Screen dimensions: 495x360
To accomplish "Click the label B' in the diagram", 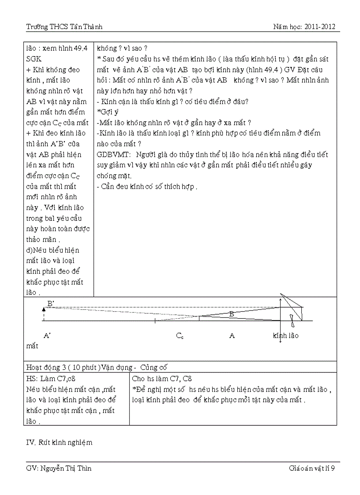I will (50, 304).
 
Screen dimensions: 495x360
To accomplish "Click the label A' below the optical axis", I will (47, 336).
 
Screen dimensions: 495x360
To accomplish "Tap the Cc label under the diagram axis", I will (180, 336).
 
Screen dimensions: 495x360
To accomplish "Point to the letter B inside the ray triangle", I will (231, 314).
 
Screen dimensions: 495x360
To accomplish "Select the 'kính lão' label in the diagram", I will (285, 336).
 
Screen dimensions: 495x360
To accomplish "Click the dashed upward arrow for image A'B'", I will (43, 314).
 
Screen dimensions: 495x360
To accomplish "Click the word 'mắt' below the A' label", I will (32, 346).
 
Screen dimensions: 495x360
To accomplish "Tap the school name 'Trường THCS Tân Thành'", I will (64, 27).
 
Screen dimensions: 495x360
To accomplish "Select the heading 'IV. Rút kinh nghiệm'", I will (59, 442).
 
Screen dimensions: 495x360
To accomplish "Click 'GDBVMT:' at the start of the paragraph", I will (114, 155).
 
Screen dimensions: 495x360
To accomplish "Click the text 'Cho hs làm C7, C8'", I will (162, 379).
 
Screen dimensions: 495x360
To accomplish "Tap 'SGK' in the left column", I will (34, 59).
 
